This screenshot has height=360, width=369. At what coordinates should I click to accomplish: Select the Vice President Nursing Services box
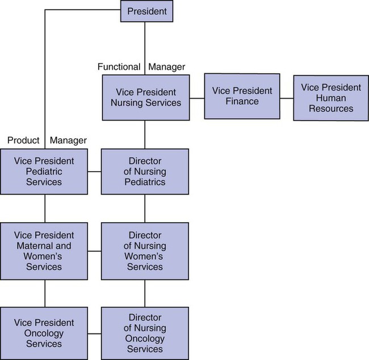click(145, 98)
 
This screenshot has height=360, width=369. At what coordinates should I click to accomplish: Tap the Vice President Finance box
click(242, 96)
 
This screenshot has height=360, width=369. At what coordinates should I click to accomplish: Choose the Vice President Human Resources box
click(331, 98)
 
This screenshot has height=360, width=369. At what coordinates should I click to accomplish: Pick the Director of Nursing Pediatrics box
click(145, 171)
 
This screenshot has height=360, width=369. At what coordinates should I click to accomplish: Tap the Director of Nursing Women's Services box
click(145, 251)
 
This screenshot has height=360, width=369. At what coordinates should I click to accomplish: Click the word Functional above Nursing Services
click(119, 67)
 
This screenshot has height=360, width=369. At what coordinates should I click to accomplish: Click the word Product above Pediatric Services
click(23, 140)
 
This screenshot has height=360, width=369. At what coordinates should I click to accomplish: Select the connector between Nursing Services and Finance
click(196, 98)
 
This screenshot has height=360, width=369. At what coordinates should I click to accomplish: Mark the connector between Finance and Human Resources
click(286, 98)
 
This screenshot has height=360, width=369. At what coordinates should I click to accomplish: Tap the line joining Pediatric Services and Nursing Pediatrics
click(95, 171)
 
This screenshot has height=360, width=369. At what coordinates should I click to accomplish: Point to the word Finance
click(242, 101)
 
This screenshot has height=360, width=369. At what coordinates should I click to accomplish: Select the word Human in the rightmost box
click(331, 98)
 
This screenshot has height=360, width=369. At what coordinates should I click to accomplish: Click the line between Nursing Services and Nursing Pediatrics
click(145, 134)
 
